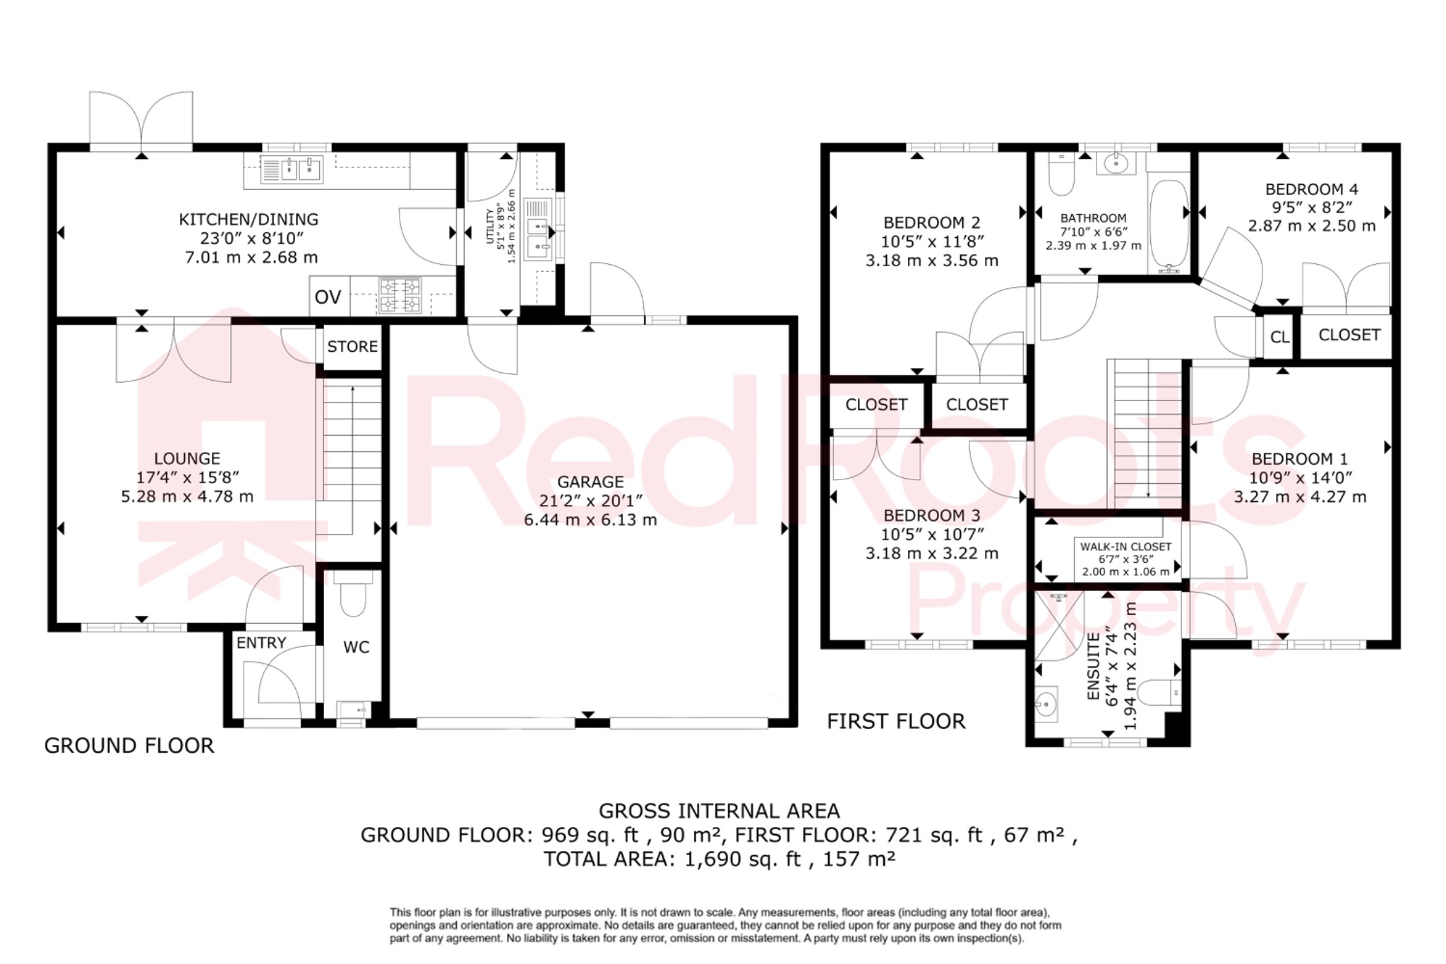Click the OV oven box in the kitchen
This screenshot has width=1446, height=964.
(328, 297)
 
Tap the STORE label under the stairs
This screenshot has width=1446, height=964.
(352, 347)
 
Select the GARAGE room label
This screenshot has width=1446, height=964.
(590, 482)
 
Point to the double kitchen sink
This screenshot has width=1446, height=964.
(292, 169)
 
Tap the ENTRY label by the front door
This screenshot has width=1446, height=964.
(261, 643)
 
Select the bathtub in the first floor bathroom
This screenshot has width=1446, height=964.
(1169, 225)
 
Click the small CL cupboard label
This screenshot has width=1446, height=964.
(1279, 338)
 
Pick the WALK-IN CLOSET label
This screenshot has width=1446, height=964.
(1125, 547)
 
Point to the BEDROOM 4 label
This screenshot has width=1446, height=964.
(1311, 189)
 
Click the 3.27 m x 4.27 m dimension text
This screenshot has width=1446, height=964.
(1300, 496)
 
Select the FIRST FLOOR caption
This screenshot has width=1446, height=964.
(895, 721)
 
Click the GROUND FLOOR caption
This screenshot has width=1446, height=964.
(129, 746)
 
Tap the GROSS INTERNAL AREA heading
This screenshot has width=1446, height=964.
(719, 811)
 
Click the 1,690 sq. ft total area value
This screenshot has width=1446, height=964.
(743, 859)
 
